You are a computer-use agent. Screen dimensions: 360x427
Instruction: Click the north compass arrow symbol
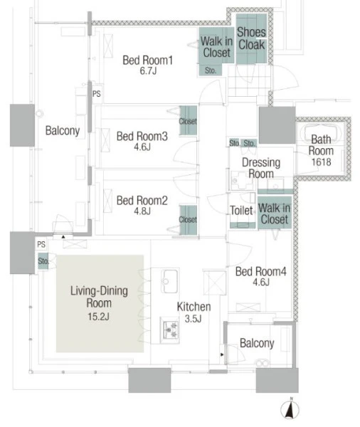coord(290,409)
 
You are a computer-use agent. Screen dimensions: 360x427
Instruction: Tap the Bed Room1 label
coord(147,60)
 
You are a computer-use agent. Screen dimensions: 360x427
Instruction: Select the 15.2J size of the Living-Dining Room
coord(98,317)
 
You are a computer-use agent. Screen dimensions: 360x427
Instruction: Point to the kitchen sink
coord(169,281)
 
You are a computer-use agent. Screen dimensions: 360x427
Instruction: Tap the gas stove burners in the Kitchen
coord(169,330)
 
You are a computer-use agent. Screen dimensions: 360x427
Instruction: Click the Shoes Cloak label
coord(251,38)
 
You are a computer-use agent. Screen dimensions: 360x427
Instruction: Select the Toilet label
coord(241,210)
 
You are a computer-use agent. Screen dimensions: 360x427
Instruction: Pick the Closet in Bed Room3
coord(188,121)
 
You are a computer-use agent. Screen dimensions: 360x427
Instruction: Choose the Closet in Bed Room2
coord(188,219)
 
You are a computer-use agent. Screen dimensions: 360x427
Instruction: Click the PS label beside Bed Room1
coord(96,94)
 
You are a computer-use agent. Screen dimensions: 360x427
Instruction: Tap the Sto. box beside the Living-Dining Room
coord(43,261)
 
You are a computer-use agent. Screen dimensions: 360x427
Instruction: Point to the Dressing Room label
coord(261,168)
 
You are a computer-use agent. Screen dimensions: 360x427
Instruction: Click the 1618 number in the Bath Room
coord(322,162)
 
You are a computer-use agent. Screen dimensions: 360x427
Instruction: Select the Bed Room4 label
coord(261,272)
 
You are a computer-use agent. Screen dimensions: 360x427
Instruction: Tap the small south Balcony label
coord(257,343)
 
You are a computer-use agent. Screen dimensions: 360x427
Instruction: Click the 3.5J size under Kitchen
coord(193,318)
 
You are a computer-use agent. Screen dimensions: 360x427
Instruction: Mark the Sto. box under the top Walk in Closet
coord(210,70)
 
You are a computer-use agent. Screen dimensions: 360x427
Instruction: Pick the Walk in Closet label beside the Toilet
coord(274,213)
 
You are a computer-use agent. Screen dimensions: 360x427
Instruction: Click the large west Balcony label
coord(63,131)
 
